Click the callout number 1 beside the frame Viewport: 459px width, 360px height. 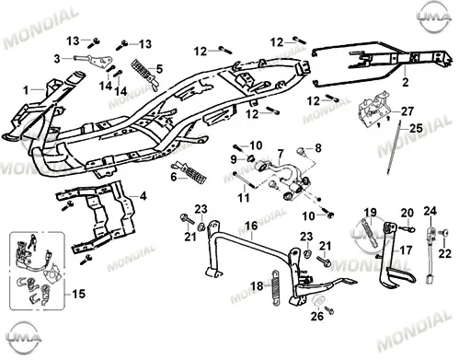pos(26,90)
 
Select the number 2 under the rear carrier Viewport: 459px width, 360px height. pos(406,82)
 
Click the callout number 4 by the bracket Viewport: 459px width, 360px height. pos(143,196)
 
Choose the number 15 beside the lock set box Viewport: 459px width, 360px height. pos(78,294)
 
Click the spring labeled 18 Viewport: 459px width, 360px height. pos(276,287)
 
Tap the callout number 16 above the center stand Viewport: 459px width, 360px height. pos(251,226)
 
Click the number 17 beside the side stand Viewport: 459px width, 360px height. pos(406,250)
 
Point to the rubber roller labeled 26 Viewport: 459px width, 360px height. pos(318,301)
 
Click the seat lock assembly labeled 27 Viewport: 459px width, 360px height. pos(373,108)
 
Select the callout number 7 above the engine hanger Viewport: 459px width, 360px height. pos(281,154)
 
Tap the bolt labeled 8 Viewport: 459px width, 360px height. pos(301,151)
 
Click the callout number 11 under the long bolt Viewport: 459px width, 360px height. pos(244,198)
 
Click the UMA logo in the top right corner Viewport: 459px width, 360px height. pos(435,16)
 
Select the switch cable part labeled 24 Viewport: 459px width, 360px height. pos(430,255)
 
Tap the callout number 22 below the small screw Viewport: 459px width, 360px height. pos(445,253)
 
